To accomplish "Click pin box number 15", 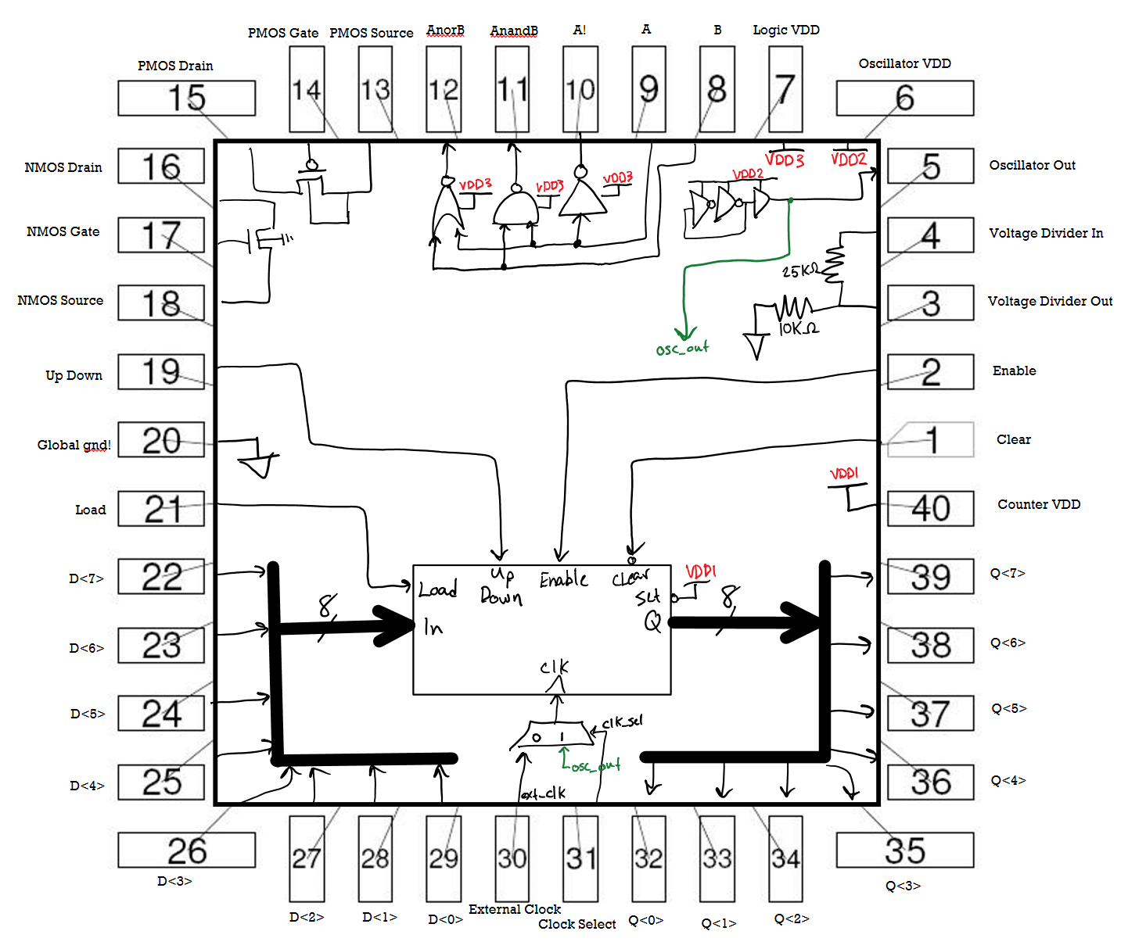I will [186, 98].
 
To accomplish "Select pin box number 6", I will [904, 98].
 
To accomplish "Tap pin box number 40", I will [930, 509].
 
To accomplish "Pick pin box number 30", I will [512, 858].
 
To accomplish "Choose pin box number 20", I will [161, 440].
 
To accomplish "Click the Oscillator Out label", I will [1032, 166].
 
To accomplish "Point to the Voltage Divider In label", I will [1046, 233].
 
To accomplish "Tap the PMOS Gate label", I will [282, 33].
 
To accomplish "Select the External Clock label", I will [514, 909].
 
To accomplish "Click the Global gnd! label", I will [74, 445].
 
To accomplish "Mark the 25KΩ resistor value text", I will [799, 271].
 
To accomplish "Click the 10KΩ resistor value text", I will [799, 329].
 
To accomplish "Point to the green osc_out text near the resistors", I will [682, 349].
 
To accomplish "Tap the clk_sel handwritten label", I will [623, 722].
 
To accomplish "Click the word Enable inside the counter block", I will [563, 580].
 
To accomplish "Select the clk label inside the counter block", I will [554, 667].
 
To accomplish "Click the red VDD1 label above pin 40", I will [844, 474].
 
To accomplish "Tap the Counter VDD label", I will [1038, 505].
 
